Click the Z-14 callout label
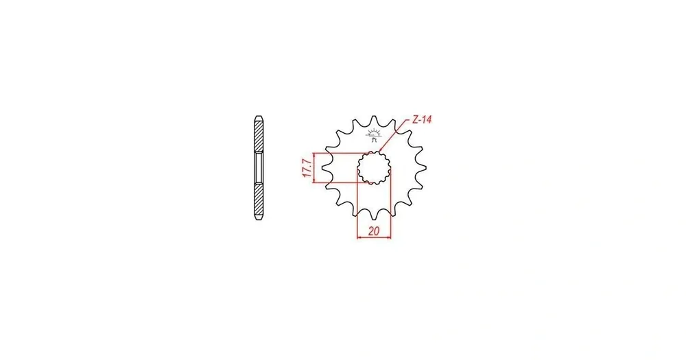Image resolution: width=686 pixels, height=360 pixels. tap(422, 119)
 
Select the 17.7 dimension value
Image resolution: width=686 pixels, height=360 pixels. tap(307, 169)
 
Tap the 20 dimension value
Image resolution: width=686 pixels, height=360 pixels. tap(374, 231)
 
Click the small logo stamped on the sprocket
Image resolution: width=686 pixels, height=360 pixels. tap(373, 135)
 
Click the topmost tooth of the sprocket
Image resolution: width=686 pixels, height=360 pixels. tap(374, 120)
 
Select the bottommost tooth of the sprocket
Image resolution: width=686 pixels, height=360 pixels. tap(374, 215)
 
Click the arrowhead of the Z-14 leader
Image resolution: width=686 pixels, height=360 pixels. tap(380, 150)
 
